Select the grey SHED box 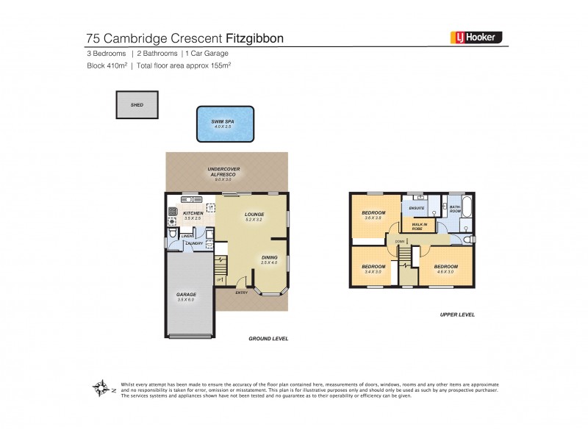(x=137, y=105)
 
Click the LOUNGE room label (x=254, y=215)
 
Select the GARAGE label (x=186, y=295)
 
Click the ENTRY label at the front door (x=242, y=293)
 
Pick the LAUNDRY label (x=195, y=243)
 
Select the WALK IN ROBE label (x=420, y=226)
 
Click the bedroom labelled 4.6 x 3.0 (x=445, y=268)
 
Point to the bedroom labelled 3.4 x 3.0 (x=373, y=268)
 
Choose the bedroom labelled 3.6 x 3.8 (x=373, y=215)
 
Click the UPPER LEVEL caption (x=457, y=314)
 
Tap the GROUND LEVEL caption (x=269, y=339)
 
